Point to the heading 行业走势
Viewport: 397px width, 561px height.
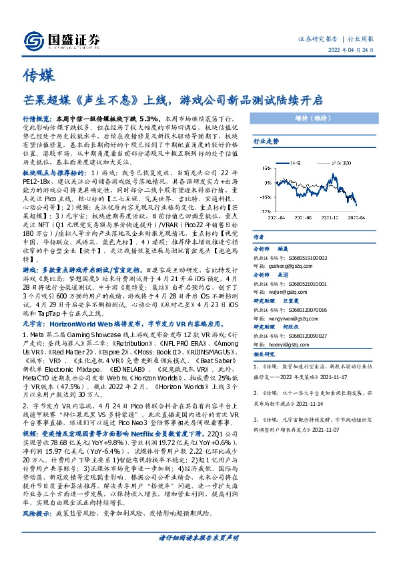(x=265, y=142)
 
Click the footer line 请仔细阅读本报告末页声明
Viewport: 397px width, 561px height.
(x=198, y=555)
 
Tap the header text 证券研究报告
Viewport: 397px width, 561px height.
(x=316, y=39)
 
